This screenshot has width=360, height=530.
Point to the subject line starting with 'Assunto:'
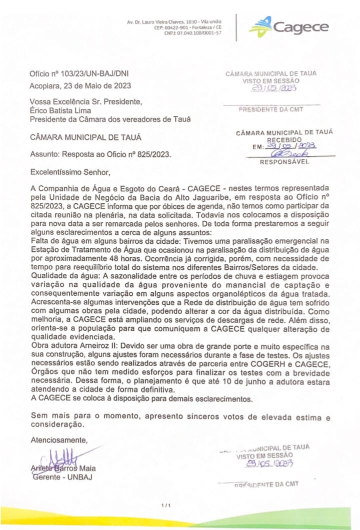tap(100, 154)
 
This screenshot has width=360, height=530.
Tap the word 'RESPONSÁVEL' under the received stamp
tap(284, 162)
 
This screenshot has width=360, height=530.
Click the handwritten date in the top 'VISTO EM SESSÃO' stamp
tap(274, 88)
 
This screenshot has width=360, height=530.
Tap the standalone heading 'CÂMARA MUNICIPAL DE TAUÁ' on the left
tap(85, 136)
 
